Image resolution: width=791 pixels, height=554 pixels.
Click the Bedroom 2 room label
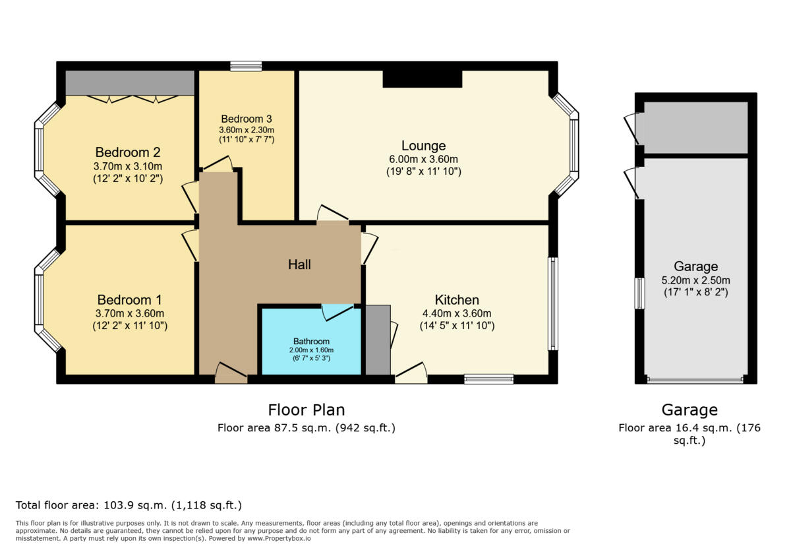tap(129, 152)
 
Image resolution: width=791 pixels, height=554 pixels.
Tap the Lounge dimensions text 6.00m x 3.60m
tap(423, 160)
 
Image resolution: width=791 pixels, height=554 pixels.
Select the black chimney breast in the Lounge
tap(423, 78)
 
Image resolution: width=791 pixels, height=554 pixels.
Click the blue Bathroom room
tap(311, 346)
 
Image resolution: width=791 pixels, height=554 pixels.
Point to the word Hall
tap(299, 264)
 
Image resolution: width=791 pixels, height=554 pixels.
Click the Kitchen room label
tap(457, 300)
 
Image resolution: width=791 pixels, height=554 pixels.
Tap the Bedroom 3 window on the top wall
tap(246, 66)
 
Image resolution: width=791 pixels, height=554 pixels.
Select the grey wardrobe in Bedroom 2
tap(130, 83)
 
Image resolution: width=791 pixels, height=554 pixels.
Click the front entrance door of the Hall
tap(231, 373)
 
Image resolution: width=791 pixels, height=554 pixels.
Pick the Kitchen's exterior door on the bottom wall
tap(411, 375)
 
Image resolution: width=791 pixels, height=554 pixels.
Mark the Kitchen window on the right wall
tap(553, 303)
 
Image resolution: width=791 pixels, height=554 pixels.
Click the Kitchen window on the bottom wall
tap(488, 379)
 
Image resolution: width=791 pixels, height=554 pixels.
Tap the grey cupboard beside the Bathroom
tap(378, 340)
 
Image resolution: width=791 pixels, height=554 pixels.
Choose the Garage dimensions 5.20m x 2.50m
tap(695, 279)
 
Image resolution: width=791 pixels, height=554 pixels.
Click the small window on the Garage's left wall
tap(639, 293)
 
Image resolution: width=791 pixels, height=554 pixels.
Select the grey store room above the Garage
tap(695, 127)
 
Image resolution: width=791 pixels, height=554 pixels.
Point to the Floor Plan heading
tap(306, 410)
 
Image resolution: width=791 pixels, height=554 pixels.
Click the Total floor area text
tap(129, 506)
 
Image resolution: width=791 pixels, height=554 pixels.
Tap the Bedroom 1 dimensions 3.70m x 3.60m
tap(130, 313)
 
